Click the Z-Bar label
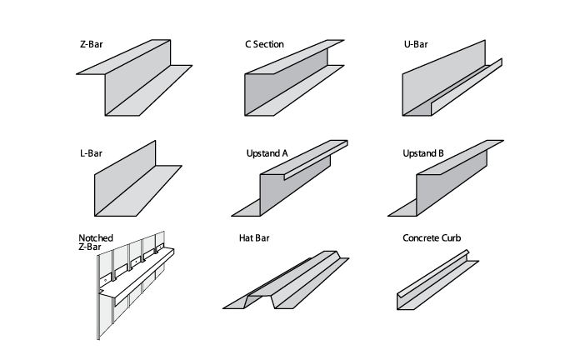(x=92, y=44)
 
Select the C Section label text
(x=264, y=44)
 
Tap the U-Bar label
(x=416, y=44)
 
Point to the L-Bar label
(x=91, y=153)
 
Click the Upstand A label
(x=267, y=153)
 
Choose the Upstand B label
(x=423, y=153)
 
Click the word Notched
(x=96, y=237)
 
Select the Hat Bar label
(x=254, y=237)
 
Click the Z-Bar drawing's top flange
(x=123, y=57)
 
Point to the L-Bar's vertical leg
(x=125, y=178)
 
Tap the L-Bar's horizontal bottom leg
(x=138, y=191)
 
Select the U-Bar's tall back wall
(x=444, y=77)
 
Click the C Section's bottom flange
(x=295, y=90)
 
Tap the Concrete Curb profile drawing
(x=437, y=280)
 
